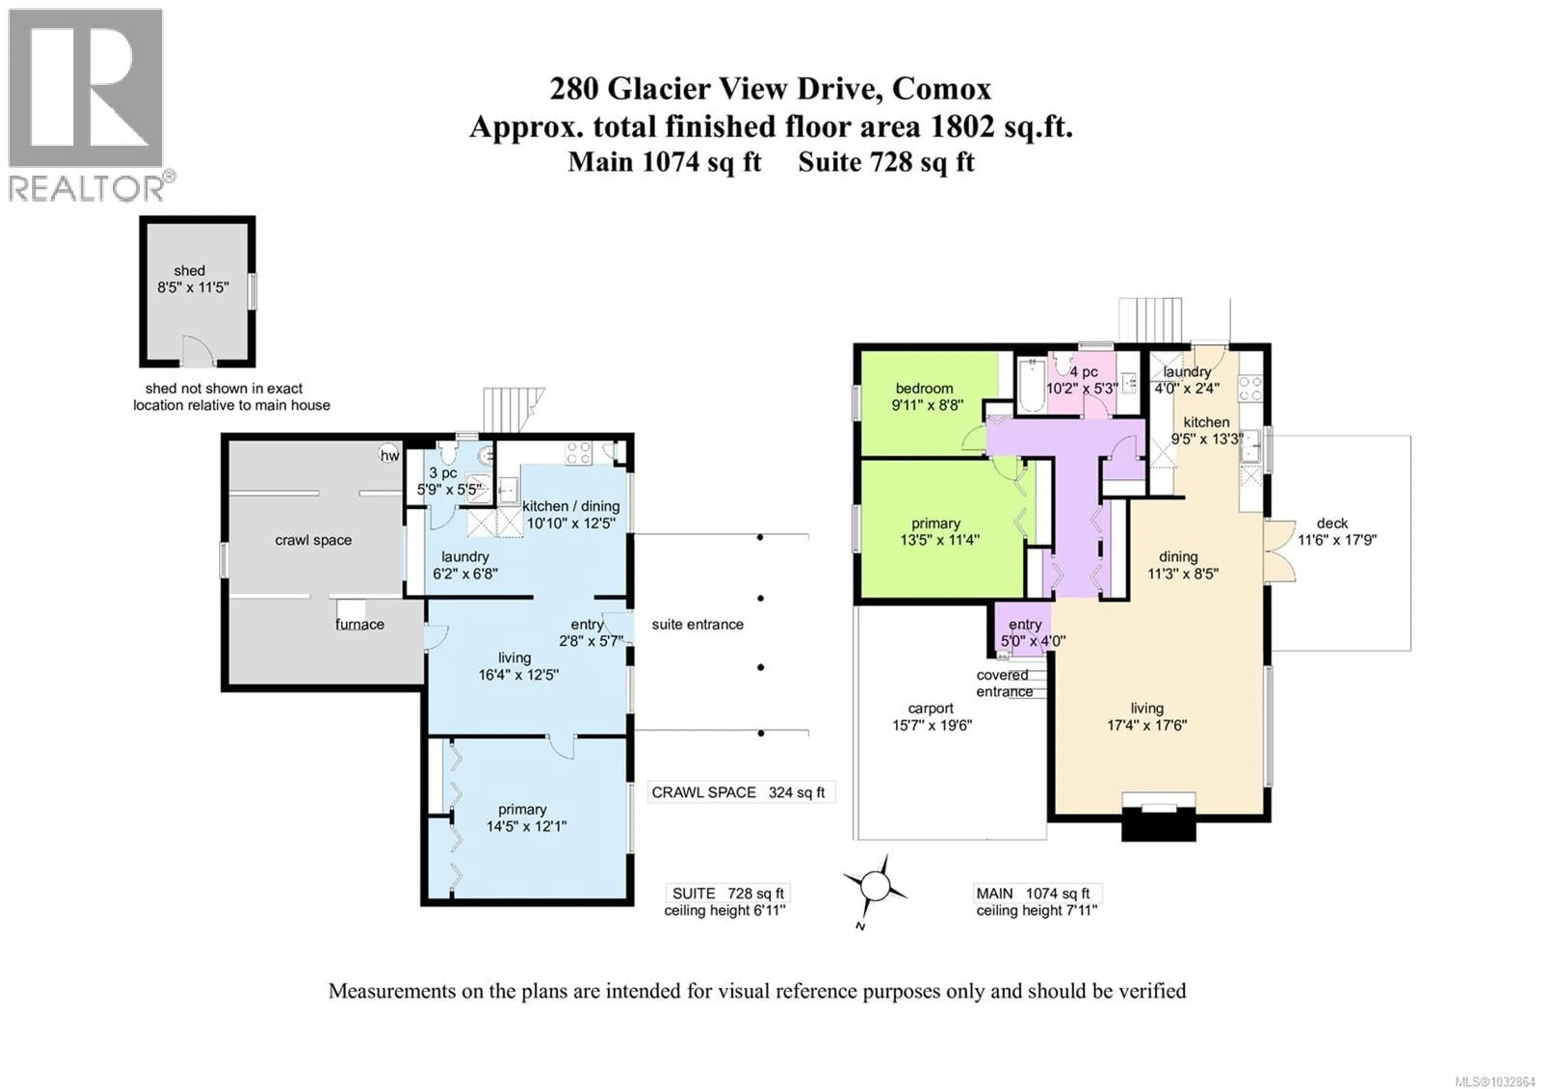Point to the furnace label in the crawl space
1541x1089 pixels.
[360, 624]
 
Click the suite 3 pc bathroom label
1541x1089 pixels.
[443, 473]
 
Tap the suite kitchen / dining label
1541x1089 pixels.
[571, 506]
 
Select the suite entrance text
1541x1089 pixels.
[697, 624]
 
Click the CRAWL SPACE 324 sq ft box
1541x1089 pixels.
[740, 792]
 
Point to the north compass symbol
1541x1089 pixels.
[875, 885]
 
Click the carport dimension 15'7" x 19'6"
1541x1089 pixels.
[931, 725]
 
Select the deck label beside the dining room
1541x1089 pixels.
[1332, 523]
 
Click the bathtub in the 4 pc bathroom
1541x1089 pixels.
[1028, 385]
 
